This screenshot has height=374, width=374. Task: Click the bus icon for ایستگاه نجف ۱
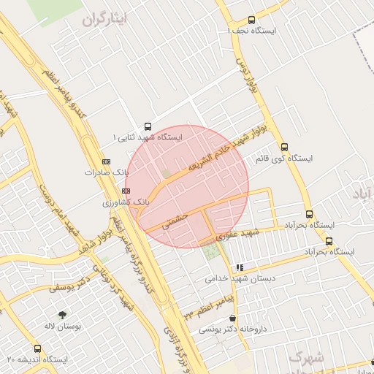[x=252, y=20]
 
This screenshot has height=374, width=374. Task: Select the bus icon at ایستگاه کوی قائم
[x=284, y=145]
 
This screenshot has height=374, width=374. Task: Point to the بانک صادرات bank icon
[x=107, y=161]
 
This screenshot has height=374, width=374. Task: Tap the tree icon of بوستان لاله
[x=62, y=314]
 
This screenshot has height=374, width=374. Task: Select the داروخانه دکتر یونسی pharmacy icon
[x=233, y=318]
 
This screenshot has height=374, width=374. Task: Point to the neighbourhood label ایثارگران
[x=105, y=20]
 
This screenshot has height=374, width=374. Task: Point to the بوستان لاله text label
[x=61, y=326]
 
